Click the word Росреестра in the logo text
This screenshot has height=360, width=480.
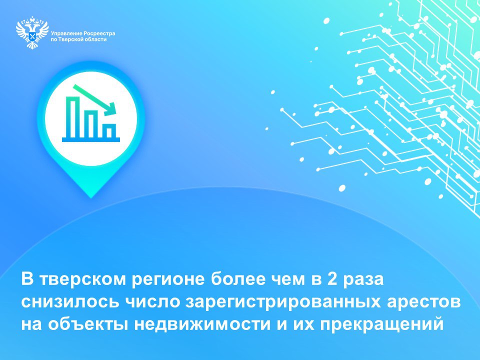tap(98, 33)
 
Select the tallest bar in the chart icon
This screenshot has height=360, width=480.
tap(73, 117)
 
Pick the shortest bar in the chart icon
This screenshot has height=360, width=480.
tap(110, 130)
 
